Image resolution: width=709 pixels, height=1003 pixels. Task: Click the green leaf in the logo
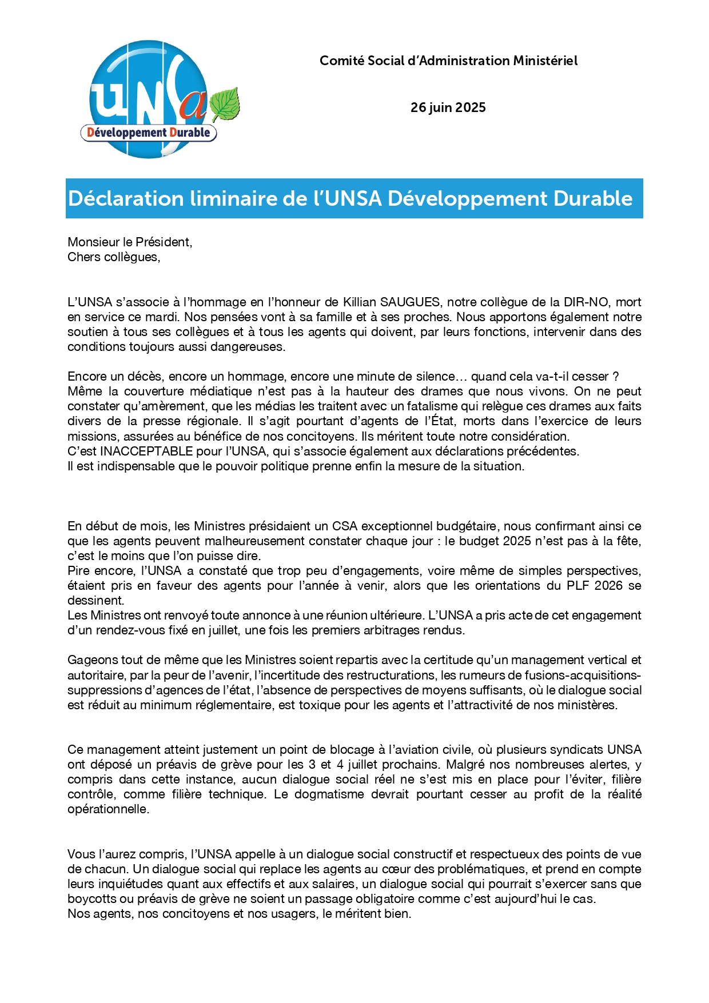click(x=224, y=104)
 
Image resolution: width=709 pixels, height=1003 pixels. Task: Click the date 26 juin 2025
click(x=448, y=107)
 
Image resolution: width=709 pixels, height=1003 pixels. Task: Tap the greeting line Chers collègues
click(x=114, y=257)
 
